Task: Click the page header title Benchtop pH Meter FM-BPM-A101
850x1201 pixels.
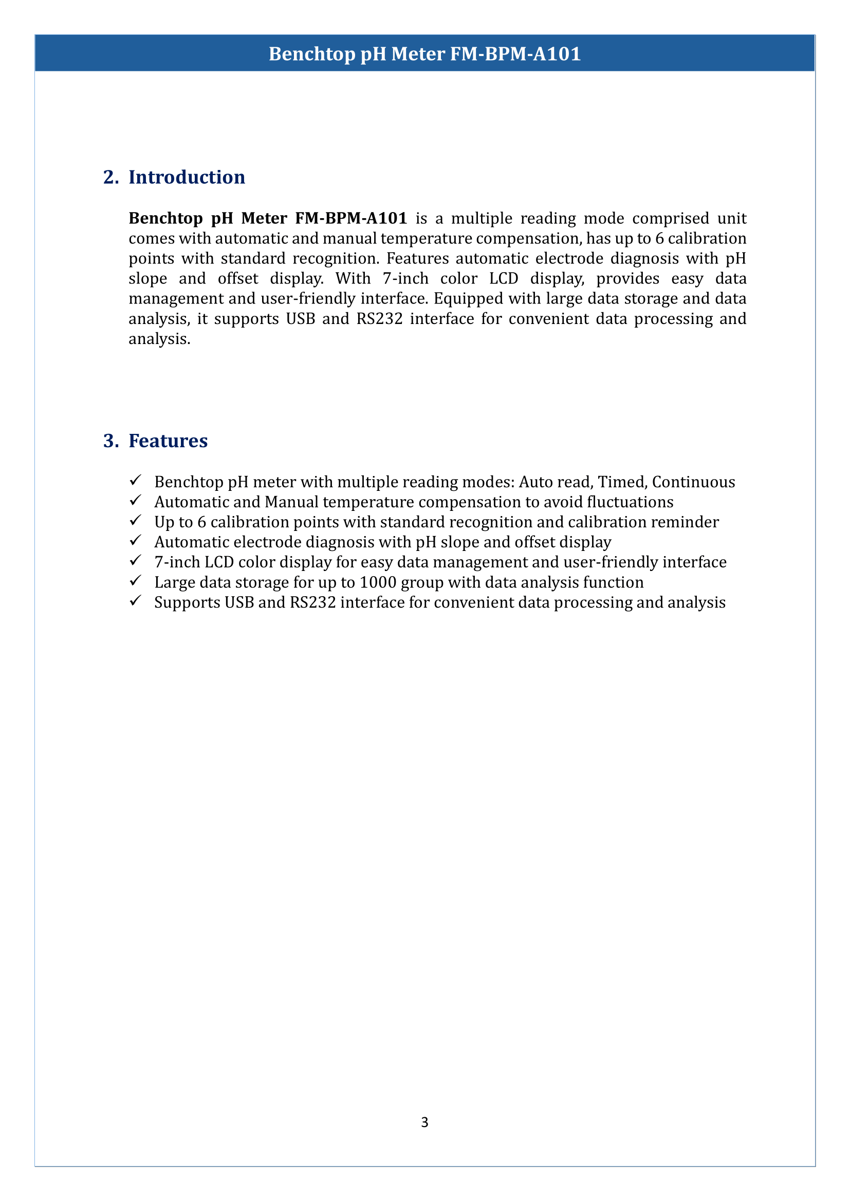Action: (424, 54)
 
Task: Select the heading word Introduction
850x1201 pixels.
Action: (187, 177)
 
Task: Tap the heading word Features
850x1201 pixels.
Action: (168, 441)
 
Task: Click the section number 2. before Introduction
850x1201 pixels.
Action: (111, 177)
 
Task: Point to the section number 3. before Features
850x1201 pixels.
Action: (111, 441)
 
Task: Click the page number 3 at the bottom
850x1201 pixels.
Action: (424, 1122)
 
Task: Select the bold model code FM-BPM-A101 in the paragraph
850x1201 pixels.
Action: (350, 218)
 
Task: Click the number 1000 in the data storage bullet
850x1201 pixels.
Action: (378, 582)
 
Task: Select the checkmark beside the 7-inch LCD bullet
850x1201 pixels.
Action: (136, 561)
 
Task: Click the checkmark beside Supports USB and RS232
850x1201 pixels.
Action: (136, 601)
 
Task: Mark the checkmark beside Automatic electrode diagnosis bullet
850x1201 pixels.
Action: (136, 540)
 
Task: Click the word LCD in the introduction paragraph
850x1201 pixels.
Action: (504, 279)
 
